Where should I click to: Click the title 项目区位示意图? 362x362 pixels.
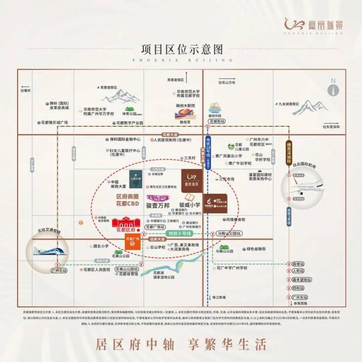tap(181, 50)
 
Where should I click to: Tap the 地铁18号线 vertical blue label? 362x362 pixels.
tap(207, 156)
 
